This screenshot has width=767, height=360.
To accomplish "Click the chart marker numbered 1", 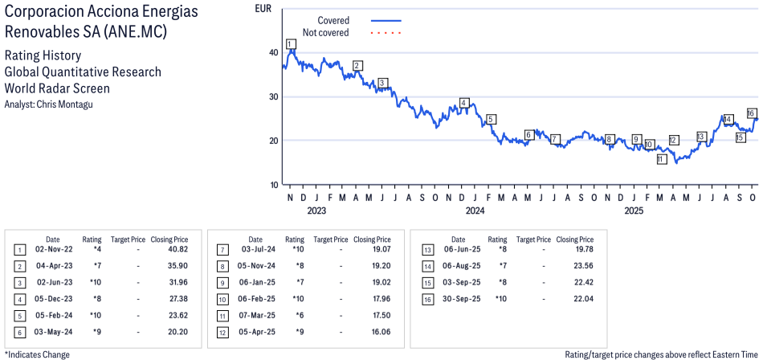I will click(290, 43).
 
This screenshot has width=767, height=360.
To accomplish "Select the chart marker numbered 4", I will click(464, 103).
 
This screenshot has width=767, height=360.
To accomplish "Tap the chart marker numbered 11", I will click(661, 159).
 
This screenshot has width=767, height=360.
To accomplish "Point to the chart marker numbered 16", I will click(752, 113).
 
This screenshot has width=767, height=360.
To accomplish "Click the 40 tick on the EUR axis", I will click(274, 52).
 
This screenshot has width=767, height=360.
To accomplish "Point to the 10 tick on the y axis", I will click(274, 185).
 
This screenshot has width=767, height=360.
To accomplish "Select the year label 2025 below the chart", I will click(634, 211).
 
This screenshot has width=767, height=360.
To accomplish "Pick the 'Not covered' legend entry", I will click(325, 33).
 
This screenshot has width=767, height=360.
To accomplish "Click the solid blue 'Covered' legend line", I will click(386, 20).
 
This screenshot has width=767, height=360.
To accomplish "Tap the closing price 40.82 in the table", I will click(177, 250).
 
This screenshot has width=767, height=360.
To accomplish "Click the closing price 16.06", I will click(379, 331).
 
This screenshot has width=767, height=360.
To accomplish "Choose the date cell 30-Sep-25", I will click(463, 298).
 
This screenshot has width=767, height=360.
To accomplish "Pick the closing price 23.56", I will click(582, 266).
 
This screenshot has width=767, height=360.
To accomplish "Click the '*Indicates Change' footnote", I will click(37, 354).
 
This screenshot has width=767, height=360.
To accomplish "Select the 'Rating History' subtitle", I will click(43, 55).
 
